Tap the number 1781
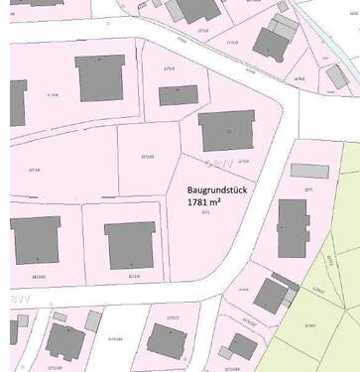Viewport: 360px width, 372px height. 199,201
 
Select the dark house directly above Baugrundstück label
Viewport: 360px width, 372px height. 226,131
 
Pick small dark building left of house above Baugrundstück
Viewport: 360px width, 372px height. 179,95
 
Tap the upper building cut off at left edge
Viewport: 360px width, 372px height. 17,102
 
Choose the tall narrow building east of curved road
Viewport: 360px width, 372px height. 293,228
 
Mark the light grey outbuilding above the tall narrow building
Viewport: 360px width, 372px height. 309,171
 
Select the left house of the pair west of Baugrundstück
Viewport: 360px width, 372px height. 36,239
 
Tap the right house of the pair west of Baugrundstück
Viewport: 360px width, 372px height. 130,245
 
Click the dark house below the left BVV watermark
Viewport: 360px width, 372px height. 65,340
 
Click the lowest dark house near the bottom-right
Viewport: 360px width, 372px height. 242,346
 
